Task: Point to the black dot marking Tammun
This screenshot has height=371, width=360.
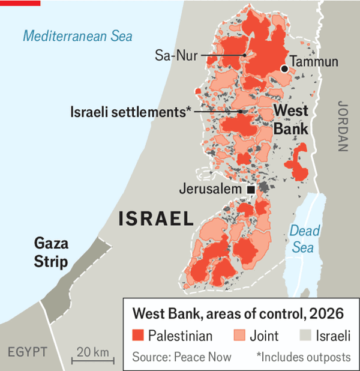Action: [x=284, y=69]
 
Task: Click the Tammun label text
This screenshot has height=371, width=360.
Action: [x=314, y=62]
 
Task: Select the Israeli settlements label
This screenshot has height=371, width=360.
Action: [x=130, y=112]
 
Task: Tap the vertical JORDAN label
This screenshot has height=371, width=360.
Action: [x=343, y=125]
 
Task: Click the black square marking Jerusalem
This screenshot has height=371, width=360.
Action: [x=251, y=190]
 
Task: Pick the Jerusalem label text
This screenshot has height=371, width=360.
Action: [x=212, y=190]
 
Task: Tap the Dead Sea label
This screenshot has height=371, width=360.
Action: [x=305, y=238]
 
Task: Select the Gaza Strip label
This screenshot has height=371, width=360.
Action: [x=51, y=253]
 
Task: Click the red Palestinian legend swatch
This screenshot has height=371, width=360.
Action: [x=137, y=335]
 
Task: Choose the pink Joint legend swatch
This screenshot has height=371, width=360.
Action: [x=239, y=335]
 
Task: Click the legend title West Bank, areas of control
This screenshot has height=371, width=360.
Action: [x=238, y=313]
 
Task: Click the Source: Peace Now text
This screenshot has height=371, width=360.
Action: [x=182, y=357]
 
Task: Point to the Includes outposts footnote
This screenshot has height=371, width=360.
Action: [x=303, y=357]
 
